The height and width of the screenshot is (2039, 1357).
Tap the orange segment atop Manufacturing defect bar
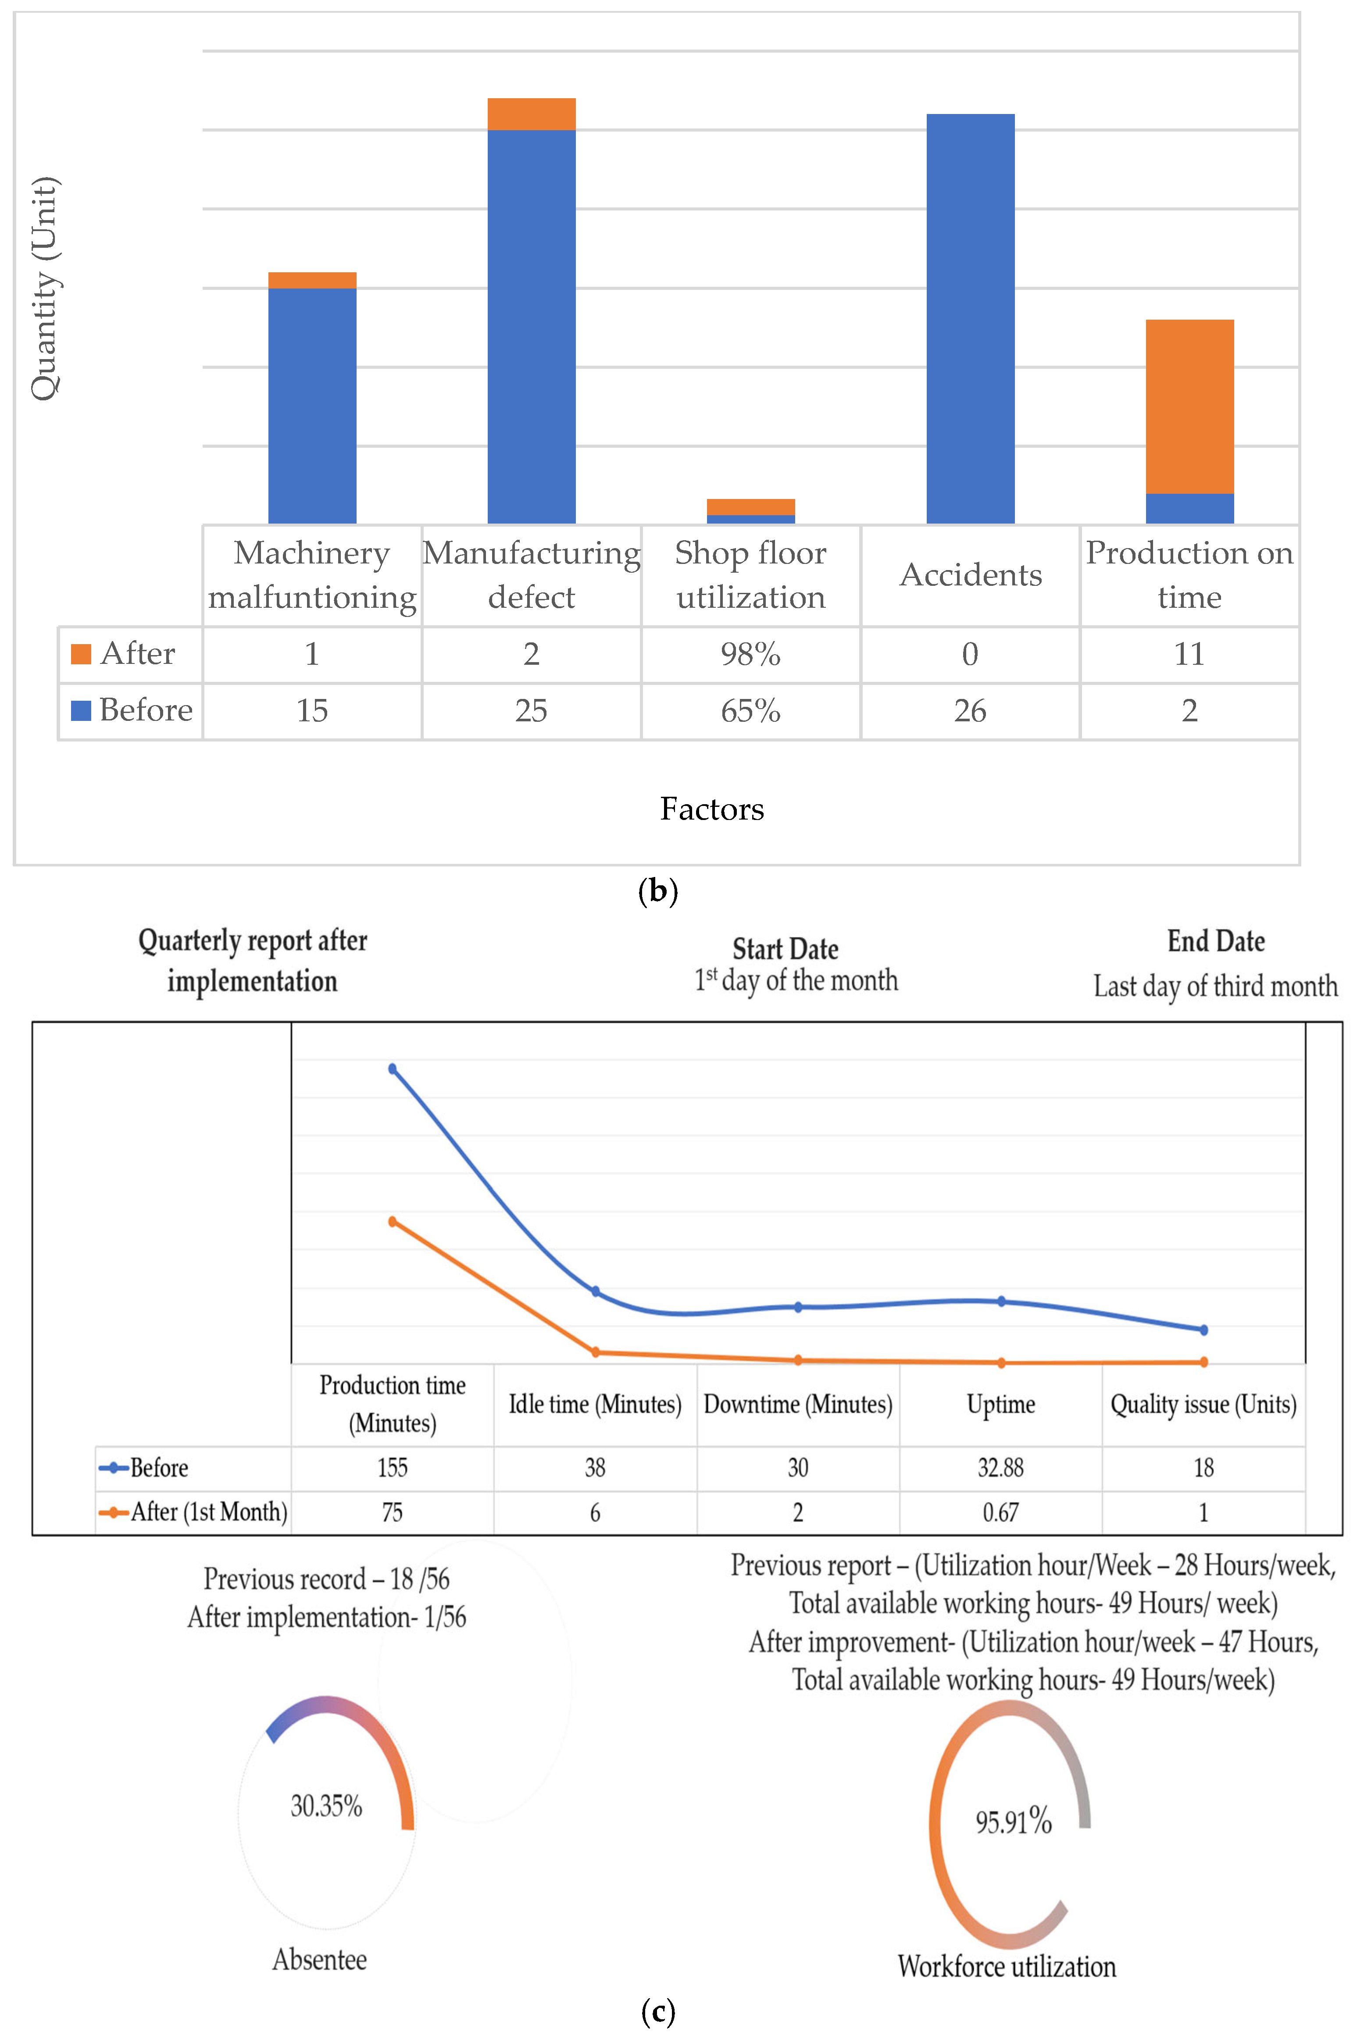(532, 114)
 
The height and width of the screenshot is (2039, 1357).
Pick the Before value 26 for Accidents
(970, 711)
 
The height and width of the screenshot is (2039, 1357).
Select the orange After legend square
(81, 654)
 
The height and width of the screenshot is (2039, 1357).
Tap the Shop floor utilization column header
(750, 574)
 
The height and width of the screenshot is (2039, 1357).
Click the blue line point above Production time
(393, 1069)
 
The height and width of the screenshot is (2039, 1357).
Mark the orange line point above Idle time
(596, 1352)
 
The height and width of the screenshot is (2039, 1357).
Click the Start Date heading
(785, 949)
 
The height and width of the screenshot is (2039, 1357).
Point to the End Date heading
(1216, 941)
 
